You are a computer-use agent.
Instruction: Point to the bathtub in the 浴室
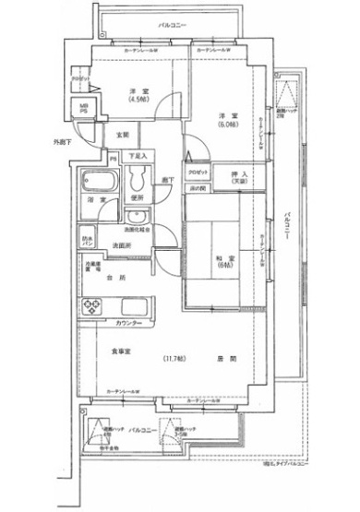point(94,179)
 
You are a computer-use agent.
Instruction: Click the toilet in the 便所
point(138,178)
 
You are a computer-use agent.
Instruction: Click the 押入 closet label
point(238,174)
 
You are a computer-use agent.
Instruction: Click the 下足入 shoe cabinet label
point(137,155)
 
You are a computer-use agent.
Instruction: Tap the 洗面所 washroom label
point(120,244)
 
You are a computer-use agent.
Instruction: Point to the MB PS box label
point(83,109)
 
